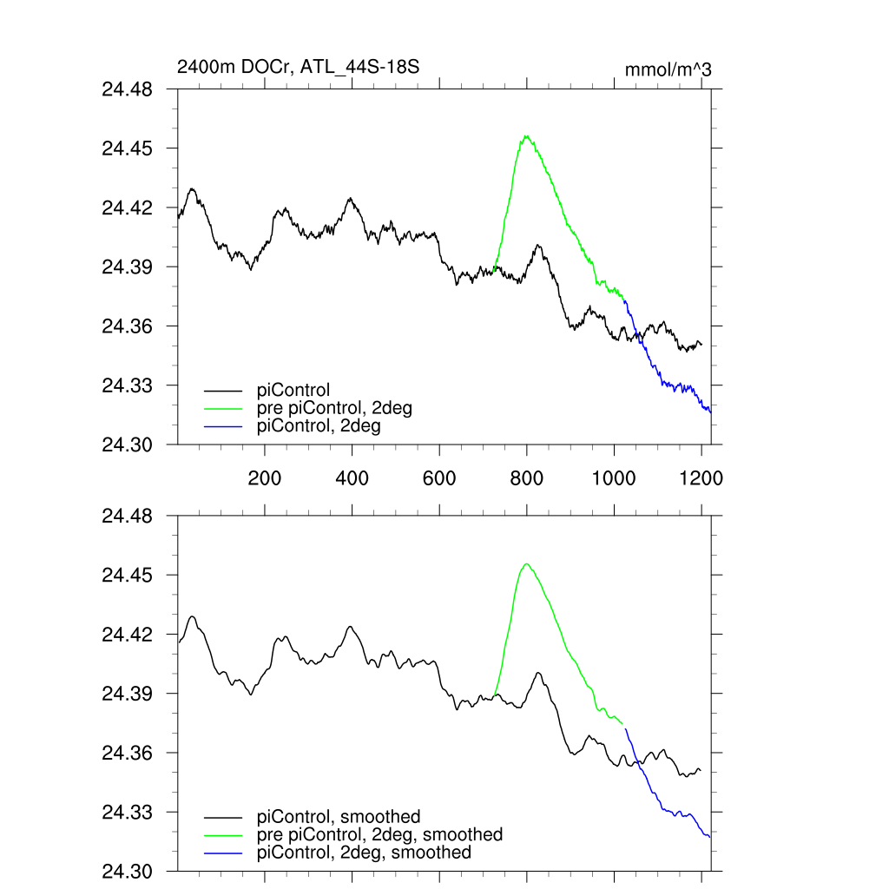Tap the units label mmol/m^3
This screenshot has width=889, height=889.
click(x=668, y=69)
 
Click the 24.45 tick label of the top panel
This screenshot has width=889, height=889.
click(x=128, y=148)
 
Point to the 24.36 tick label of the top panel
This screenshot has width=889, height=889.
click(x=128, y=326)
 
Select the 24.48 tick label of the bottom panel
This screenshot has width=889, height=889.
click(x=128, y=517)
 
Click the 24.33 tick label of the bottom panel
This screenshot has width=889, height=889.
click(x=128, y=813)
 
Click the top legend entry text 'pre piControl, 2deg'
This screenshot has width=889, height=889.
click(x=334, y=408)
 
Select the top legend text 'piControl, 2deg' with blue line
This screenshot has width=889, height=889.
click(x=319, y=426)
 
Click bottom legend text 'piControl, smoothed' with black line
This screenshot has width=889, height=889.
click(x=339, y=816)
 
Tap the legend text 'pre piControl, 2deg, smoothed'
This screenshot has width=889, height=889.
click(x=379, y=834)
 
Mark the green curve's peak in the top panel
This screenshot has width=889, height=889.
click(x=526, y=135)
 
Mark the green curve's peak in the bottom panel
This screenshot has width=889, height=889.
click(x=526, y=563)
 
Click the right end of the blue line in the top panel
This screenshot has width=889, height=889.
click(x=710, y=412)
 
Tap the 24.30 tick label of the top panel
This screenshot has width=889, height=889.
click(x=128, y=444)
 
